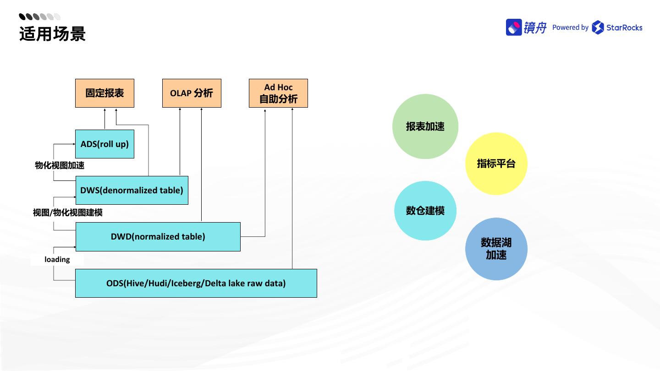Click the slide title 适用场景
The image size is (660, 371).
pos(52,34)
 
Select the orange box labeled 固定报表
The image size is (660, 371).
pos(104,93)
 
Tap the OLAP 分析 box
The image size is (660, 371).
pos(192,93)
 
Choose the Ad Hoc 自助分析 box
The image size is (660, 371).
pos(278,93)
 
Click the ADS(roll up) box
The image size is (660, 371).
pos(104,144)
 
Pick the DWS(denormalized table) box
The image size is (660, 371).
pos(132,190)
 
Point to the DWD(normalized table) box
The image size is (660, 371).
pos(158,237)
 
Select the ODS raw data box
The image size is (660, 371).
pos(196,284)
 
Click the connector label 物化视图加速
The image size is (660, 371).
pos(60,165)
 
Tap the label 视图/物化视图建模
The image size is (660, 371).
pos(68,213)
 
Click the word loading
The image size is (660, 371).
pos(57,260)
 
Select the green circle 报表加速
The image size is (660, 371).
pos(425,127)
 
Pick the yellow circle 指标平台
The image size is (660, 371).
pos(496,164)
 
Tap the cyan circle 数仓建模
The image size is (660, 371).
pos(425,211)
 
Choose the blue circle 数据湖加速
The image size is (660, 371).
pos(496,249)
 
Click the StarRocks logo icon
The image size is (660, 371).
pos(598,27)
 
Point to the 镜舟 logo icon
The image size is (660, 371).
pos(514,27)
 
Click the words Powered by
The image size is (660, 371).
pos(570,27)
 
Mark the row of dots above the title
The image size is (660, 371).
pos(40,17)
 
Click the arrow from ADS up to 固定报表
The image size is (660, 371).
pos(104,119)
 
